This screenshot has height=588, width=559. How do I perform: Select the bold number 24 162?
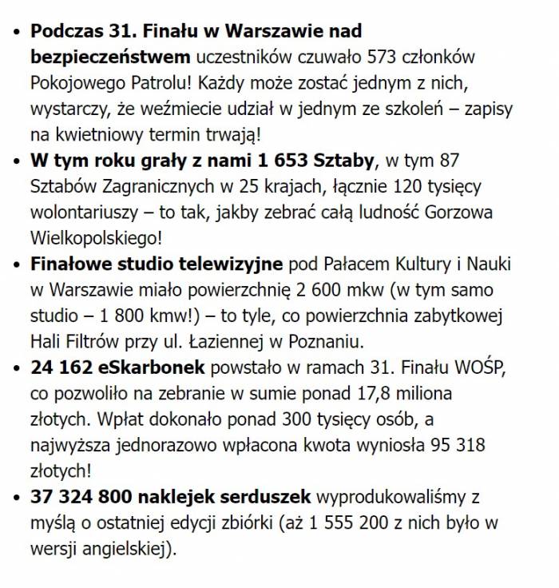click(63, 367)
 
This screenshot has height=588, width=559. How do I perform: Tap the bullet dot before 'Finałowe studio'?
click(18, 265)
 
